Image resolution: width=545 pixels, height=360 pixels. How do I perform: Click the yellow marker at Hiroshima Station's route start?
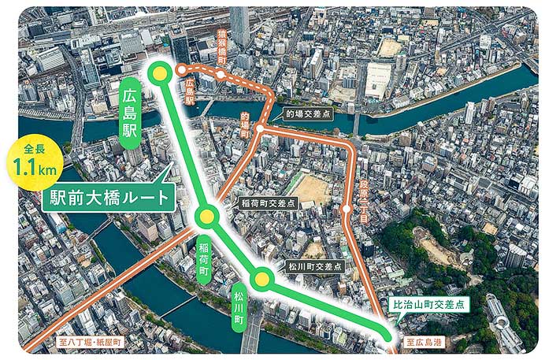click(161, 73)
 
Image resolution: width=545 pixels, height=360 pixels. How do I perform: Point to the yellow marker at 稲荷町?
click(206, 217)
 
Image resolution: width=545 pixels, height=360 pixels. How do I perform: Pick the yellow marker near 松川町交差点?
click(261, 278)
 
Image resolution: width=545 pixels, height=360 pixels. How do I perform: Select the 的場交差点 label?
click(303, 113)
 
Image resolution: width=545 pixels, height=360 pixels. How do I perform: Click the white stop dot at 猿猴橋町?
click(221, 75)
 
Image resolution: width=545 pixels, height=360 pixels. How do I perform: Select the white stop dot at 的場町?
click(259, 128)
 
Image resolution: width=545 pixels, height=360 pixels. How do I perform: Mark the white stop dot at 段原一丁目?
click(347, 210)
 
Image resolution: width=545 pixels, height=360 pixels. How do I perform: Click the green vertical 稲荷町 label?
click(204, 254)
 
